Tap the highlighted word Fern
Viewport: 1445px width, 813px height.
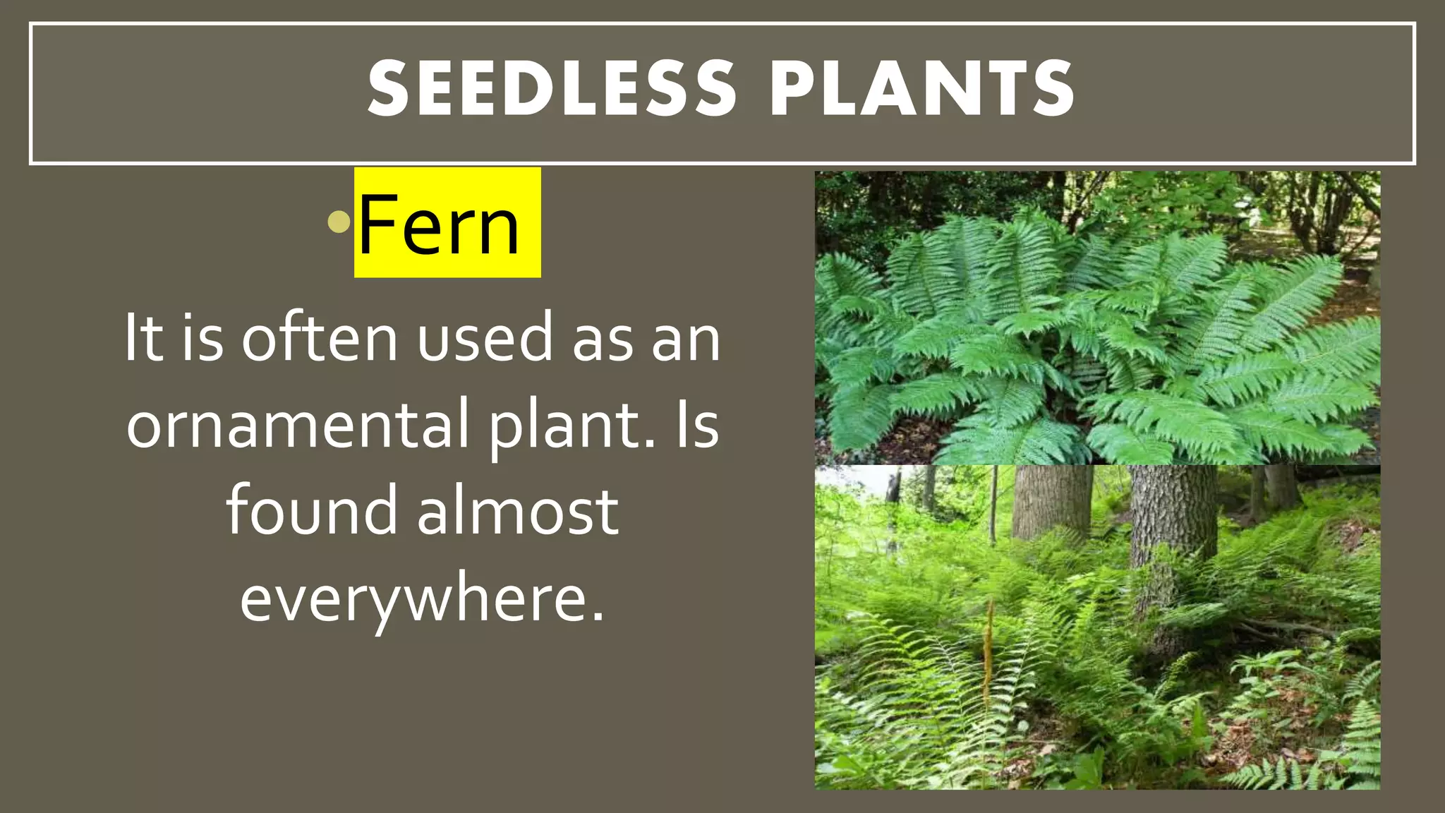[x=440, y=225]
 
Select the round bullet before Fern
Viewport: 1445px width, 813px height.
[x=339, y=222]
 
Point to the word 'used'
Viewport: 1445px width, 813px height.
[x=485, y=338]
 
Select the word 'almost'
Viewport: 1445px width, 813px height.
[x=519, y=511]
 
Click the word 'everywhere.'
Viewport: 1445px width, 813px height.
[x=422, y=598]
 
